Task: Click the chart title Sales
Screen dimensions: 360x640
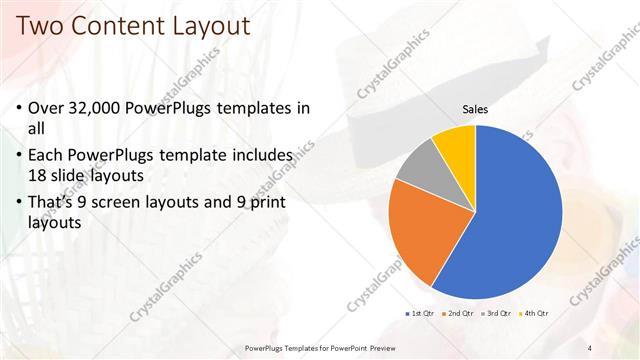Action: pos(475,109)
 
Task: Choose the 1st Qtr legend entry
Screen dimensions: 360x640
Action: pos(417,314)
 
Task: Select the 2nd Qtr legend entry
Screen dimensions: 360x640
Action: pos(457,314)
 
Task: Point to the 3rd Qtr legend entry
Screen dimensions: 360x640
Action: pos(496,314)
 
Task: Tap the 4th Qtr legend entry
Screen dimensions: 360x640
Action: pos(534,314)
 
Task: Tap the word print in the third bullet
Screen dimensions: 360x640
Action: pos(265,204)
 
